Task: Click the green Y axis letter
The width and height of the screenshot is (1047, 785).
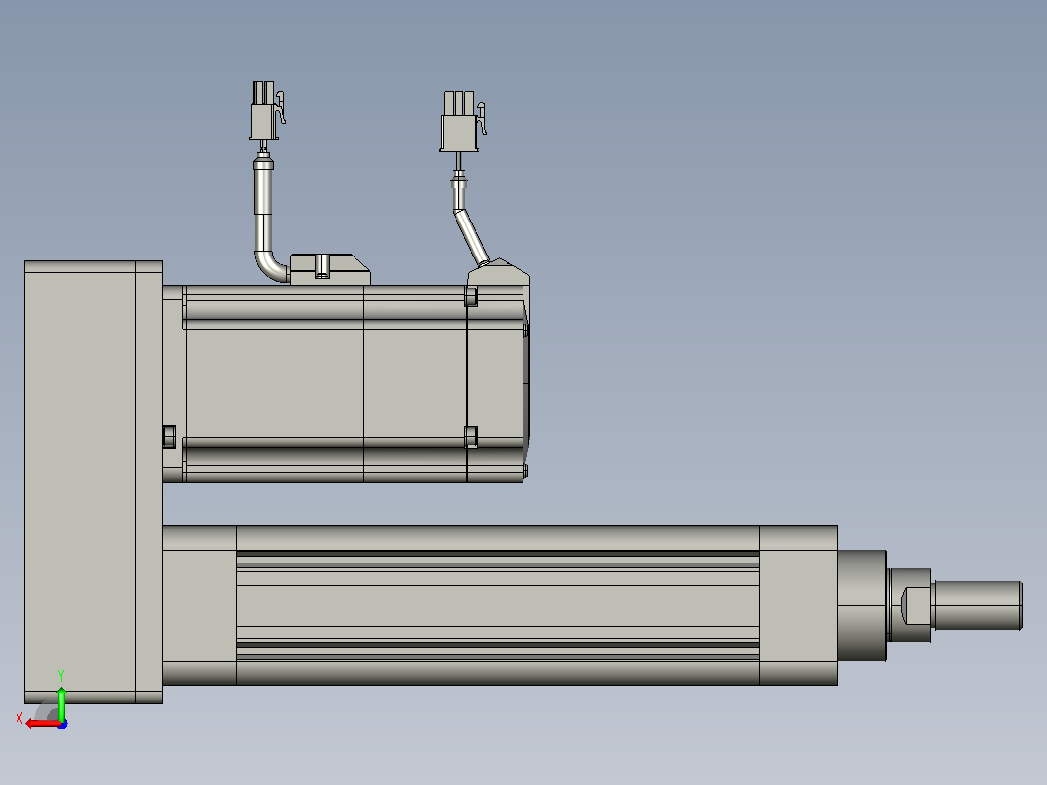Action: coord(61,675)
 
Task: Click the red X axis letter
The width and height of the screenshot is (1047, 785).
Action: coord(19,718)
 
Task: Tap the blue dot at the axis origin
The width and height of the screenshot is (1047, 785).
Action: coord(62,724)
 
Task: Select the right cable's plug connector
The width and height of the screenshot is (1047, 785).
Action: coord(458,121)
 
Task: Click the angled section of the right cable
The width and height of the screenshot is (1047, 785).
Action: coord(471,236)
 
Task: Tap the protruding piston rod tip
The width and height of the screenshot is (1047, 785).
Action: coord(977,604)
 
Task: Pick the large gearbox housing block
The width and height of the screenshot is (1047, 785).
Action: coord(93,482)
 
